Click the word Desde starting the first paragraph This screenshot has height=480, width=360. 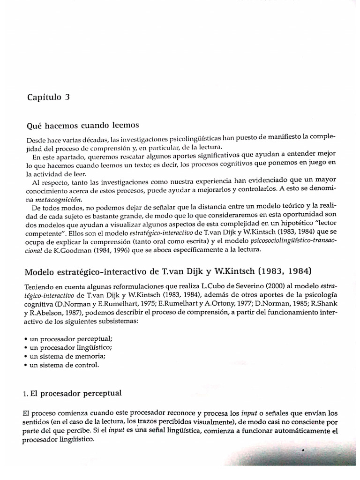click(x=35, y=140)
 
